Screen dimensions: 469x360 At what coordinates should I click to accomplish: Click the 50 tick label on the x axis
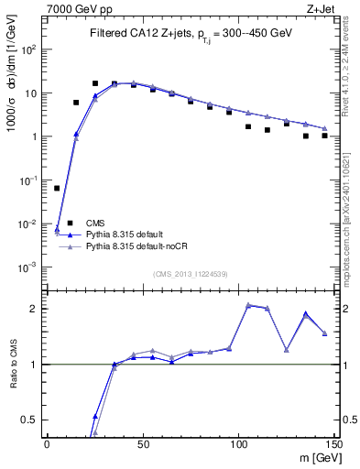[143, 444]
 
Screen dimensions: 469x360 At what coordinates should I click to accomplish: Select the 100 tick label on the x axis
[238, 444]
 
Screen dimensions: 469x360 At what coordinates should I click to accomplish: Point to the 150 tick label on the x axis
[333, 444]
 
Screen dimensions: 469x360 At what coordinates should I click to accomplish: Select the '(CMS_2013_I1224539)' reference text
[191, 273]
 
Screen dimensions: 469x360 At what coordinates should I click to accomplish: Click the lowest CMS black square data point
[57, 188]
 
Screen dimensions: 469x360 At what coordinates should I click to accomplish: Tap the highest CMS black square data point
[95, 83]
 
